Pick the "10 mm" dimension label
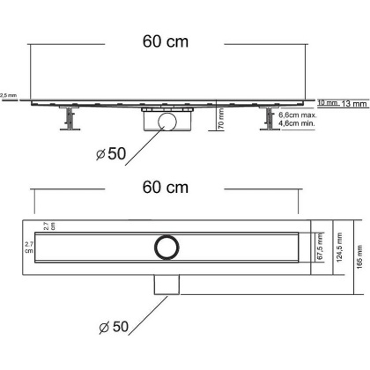click(326, 103)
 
